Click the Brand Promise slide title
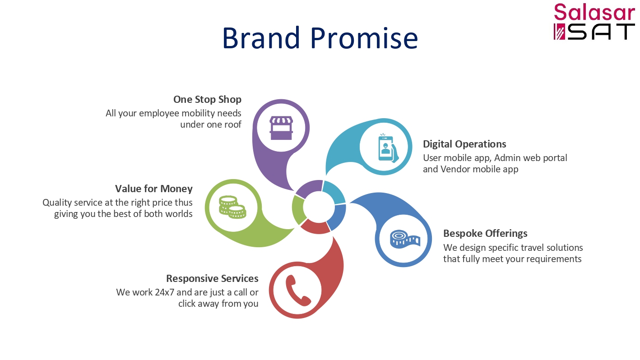pyautogui.click(x=320, y=38)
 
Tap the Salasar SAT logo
pyautogui.click(x=594, y=22)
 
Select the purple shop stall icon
pyautogui.click(x=281, y=128)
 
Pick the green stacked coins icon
pyautogui.click(x=232, y=207)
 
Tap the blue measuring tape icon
pyautogui.click(x=405, y=239)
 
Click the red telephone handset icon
pyautogui.click(x=298, y=291)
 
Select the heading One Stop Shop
pyautogui.click(x=207, y=99)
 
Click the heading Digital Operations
pyautogui.click(x=464, y=144)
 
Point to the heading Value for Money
pyautogui.click(x=154, y=189)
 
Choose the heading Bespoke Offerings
pyautogui.click(x=485, y=234)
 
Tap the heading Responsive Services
pyautogui.click(x=212, y=278)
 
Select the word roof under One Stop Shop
pyautogui.click(x=232, y=125)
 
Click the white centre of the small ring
pyautogui.click(x=319, y=207)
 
